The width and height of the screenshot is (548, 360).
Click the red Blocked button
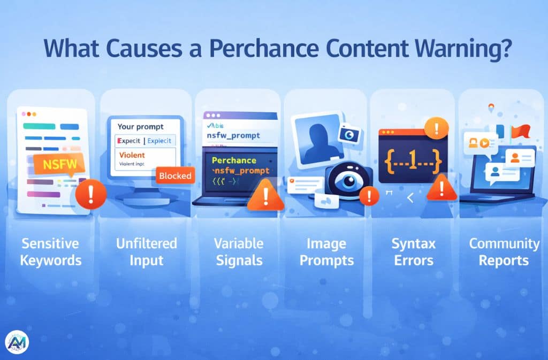click(x=175, y=176)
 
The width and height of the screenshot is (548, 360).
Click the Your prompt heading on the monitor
click(x=140, y=127)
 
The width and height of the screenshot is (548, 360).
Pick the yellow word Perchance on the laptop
click(x=234, y=160)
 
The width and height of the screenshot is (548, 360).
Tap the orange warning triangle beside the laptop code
click(x=266, y=195)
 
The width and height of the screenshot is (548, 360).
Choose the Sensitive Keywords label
click(x=51, y=252)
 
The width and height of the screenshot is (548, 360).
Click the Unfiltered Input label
click(x=146, y=252)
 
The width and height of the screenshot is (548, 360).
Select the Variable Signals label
click(x=238, y=252)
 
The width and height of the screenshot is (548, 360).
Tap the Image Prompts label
click(x=326, y=252)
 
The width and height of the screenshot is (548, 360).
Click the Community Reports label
click(x=504, y=252)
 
